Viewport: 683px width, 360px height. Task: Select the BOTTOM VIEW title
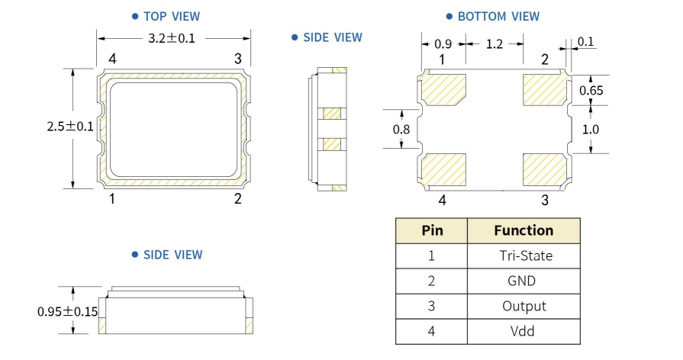point(498,16)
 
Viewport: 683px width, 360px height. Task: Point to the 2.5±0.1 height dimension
point(69,127)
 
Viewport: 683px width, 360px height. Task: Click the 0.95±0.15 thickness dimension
point(67,311)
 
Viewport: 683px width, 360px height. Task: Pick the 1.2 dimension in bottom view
point(494,44)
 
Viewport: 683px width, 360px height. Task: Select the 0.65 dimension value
point(591,91)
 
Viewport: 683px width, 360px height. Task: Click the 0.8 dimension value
point(401,130)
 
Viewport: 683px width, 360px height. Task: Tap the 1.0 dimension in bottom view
point(590,129)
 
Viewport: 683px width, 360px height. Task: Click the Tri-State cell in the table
point(523,256)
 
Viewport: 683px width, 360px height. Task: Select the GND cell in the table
point(523,281)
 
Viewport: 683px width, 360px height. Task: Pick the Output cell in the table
point(524,306)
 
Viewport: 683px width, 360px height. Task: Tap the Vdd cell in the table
point(523,331)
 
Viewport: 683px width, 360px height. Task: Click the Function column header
point(524,230)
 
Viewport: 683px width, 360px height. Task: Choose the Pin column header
point(431,230)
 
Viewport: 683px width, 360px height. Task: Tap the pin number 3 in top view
point(238,59)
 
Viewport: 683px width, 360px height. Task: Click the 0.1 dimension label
point(587,42)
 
